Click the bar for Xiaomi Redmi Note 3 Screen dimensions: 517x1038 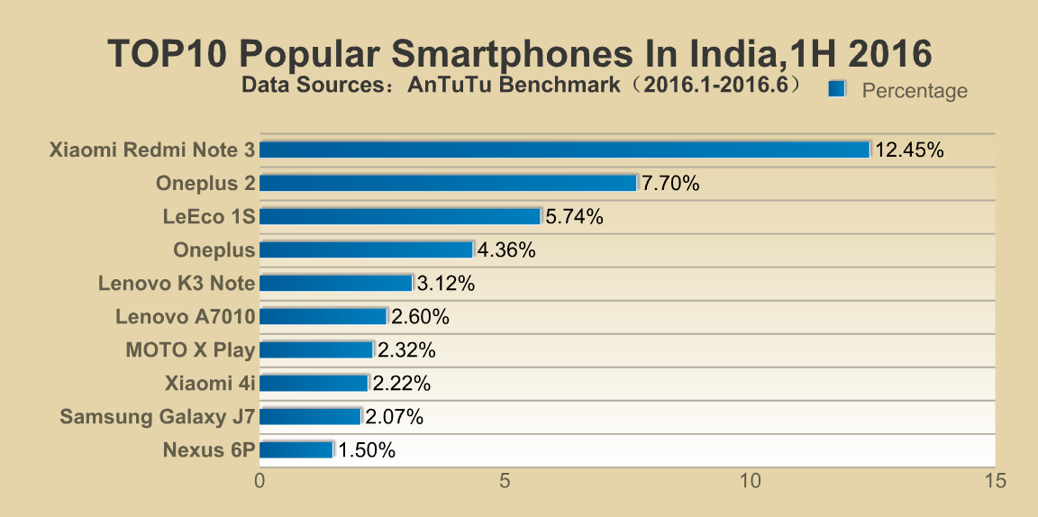pos(564,150)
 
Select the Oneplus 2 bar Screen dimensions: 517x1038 pos(449,183)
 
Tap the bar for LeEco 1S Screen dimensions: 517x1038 pos(400,216)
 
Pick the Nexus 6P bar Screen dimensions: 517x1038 pos(296,449)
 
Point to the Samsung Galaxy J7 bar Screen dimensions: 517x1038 pos(310,416)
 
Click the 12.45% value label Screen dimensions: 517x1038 pos(909,150)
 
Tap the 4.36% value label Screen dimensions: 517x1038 pos(507,250)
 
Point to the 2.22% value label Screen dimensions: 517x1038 pos(402,384)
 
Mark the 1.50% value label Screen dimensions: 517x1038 pos(367,450)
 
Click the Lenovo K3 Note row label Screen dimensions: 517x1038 pos(177,284)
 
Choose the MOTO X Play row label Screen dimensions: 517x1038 pos(190,350)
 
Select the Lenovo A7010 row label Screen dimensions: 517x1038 pos(186,317)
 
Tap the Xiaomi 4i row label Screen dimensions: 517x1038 pos(210,384)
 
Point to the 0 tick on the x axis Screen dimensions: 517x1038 pos(260,482)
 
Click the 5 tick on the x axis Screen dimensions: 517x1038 pos(505,482)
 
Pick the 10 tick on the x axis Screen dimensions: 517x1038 pos(750,482)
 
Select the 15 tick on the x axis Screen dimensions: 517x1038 pos(995,482)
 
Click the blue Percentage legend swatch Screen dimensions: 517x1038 pos(836,88)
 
